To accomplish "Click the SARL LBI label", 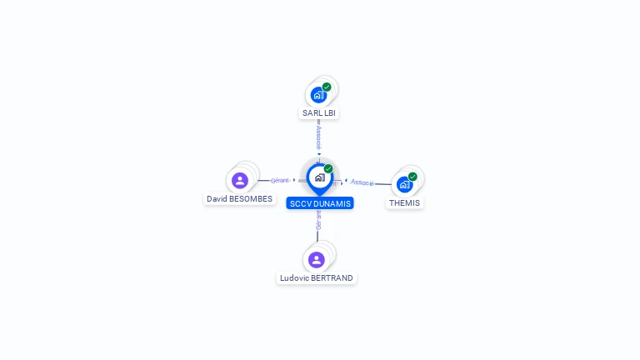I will pos(319,112).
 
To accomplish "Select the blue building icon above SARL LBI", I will pos(318,95).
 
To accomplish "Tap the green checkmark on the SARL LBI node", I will pos(327,87).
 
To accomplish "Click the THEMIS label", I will pos(405,202).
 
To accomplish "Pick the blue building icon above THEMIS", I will pos(405,185).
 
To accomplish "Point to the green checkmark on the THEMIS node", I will pos(412,177).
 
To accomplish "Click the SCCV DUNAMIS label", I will pos(320,203).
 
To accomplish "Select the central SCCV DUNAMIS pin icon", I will pos(319,177).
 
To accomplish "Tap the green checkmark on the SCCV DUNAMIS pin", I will pos(328,168).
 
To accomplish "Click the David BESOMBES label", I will pos(240,199).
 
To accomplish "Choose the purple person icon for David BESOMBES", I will pos(240,180).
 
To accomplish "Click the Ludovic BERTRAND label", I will pos(317,277).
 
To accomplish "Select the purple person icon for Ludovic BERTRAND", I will pos(317,259).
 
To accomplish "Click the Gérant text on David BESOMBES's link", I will pos(280,180).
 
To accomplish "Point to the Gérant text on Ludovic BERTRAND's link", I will pos(318,219).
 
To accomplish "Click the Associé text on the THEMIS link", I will pos(362,182).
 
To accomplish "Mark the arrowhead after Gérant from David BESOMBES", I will pos(294,180).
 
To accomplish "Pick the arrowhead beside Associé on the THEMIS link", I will pos(346,181).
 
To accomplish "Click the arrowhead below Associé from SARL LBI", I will pos(318,154).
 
